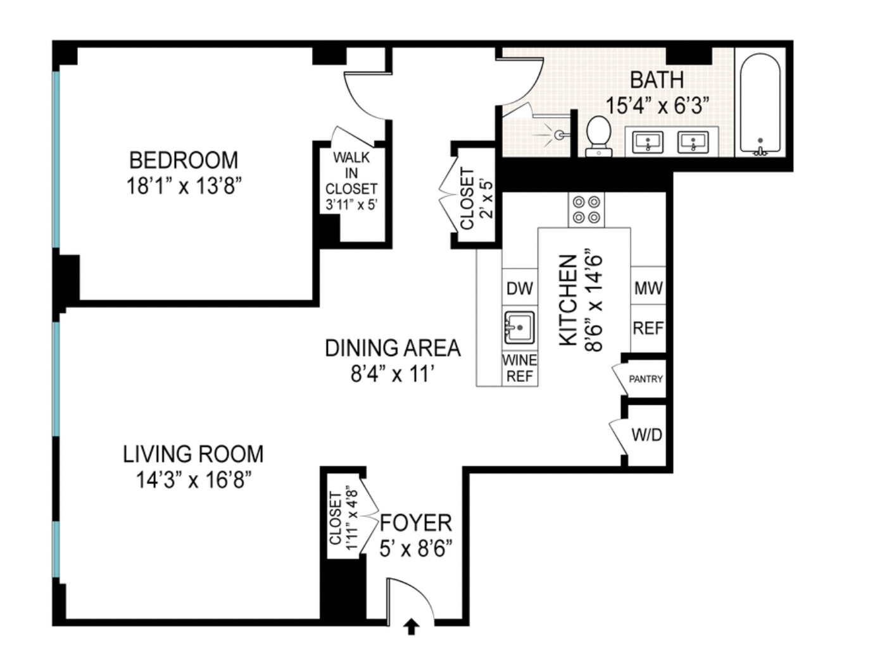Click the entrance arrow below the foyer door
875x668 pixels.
[412, 627]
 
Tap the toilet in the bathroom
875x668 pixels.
[598, 136]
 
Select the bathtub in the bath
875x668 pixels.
[760, 104]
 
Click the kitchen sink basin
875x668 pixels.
[519, 327]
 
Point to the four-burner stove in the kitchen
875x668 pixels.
[586, 210]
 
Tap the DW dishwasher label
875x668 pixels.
[519, 288]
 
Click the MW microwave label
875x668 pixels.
[648, 288]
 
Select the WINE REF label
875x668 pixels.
[519, 368]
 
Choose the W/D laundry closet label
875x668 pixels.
[646, 435]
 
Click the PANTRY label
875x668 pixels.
[646, 378]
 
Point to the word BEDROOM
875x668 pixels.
[184, 160]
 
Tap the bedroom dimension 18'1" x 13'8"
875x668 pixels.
[184, 186]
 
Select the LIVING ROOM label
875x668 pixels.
[193, 454]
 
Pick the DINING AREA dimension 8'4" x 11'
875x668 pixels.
[393, 374]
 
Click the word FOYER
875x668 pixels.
[416, 523]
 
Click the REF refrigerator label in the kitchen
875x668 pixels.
[648, 328]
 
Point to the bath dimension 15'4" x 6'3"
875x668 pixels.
[657, 106]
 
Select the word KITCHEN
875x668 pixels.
[568, 300]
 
